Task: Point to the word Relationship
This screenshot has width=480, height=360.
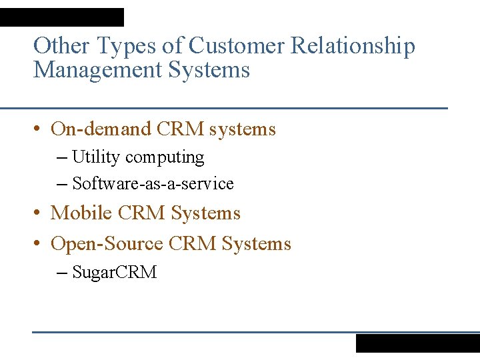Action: (x=355, y=47)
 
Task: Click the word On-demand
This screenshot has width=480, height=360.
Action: (x=101, y=129)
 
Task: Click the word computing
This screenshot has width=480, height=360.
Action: (x=165, y=158)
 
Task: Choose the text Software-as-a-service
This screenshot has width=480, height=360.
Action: (x=153, y=183)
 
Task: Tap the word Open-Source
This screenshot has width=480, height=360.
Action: (x=107, y=244)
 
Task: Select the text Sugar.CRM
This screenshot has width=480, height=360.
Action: (x=114, y=272)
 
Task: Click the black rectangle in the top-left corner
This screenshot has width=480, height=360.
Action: (x=62, y=17)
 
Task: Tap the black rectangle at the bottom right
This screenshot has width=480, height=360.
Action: (x=417, y=343)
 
